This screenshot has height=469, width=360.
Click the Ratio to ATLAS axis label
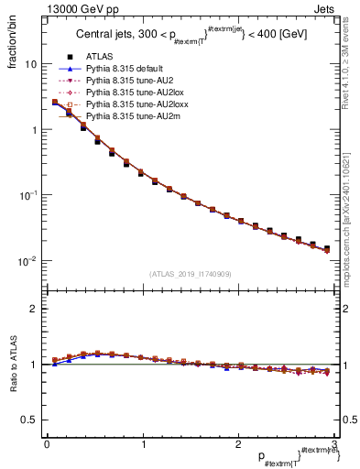click(x=13, y=365)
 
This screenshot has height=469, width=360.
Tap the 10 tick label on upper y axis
click(x=30, y=65)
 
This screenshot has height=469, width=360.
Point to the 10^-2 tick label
click(x=28, y=261)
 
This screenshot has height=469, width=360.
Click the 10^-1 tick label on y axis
click(x=28, y=196)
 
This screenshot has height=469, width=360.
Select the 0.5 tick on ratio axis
click(x=30, y=420)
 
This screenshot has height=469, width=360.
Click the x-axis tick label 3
click(x=334, y=445)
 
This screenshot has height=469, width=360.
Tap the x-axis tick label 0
click(x=47, y=445)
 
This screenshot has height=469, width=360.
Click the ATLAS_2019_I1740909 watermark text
click(x=191, y=274)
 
